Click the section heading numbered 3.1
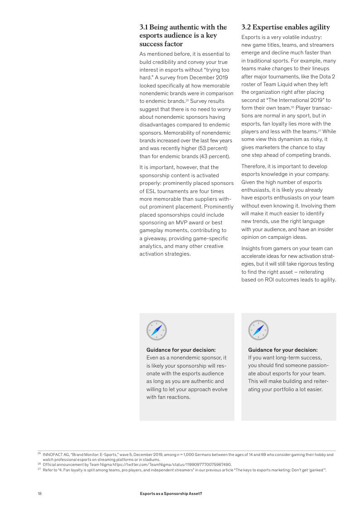click(183, 35)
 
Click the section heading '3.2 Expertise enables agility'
click(286, 27)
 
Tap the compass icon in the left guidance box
click(156, 330)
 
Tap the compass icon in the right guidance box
click(258, 330)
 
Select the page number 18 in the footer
click(39, 493)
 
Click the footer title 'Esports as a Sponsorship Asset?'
click(171, 493)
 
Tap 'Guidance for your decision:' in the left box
click(181, 350)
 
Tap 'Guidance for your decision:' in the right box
click(283, 350)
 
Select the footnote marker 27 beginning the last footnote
click(39, 470)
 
